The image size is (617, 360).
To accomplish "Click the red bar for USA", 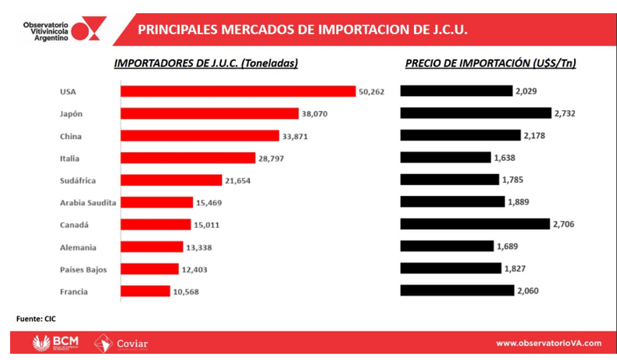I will pos(237,91).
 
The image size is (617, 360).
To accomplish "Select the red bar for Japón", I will pos(209,113).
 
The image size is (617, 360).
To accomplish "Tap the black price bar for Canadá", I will pos(475,224).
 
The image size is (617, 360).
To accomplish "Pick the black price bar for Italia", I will pos(445,158).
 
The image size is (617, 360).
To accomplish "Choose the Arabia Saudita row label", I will pos(87,202).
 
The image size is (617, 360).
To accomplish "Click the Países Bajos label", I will pos(82,269).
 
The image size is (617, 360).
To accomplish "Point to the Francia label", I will pos(74,291).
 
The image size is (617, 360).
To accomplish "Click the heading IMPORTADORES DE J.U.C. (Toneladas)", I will pos(206,63).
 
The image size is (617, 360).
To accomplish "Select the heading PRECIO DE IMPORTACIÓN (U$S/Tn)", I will pos(490,63).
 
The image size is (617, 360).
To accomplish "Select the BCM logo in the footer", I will pos(55,344).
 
